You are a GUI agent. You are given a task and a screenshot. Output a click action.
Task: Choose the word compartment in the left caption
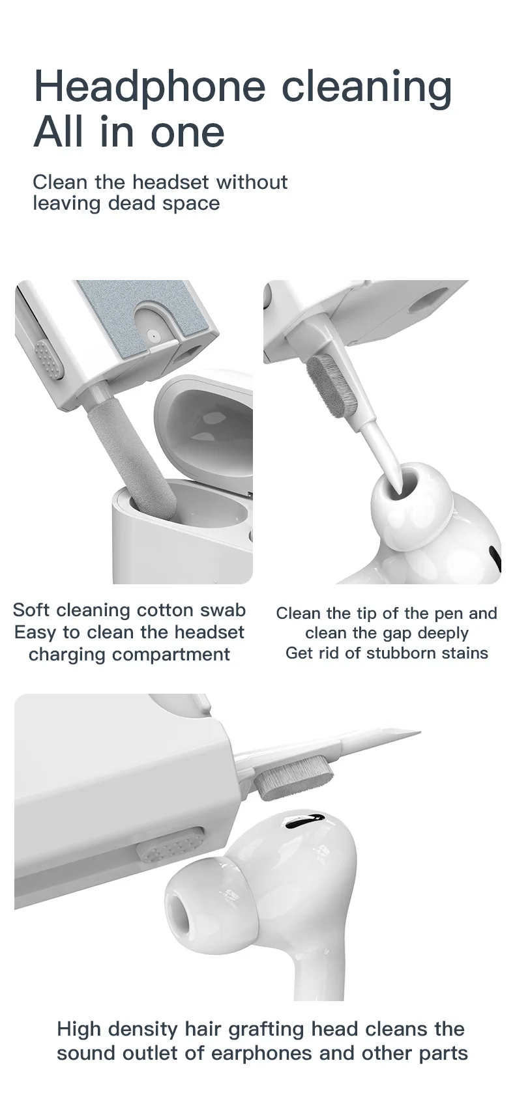tap(129, 654)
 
